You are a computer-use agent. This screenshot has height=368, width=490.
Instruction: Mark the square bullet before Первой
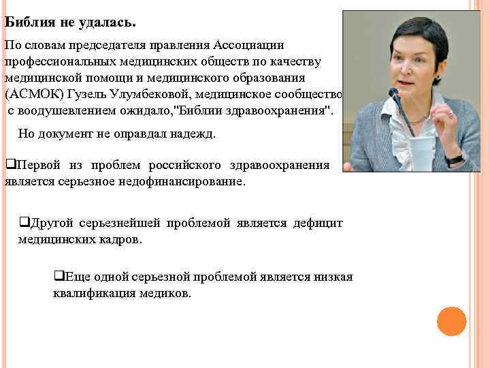click(x=9, y=166)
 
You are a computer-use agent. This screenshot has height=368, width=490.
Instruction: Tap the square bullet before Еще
click(x=58, y=277)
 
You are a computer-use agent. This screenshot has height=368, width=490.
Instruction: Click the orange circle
click(x=451, y=322)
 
